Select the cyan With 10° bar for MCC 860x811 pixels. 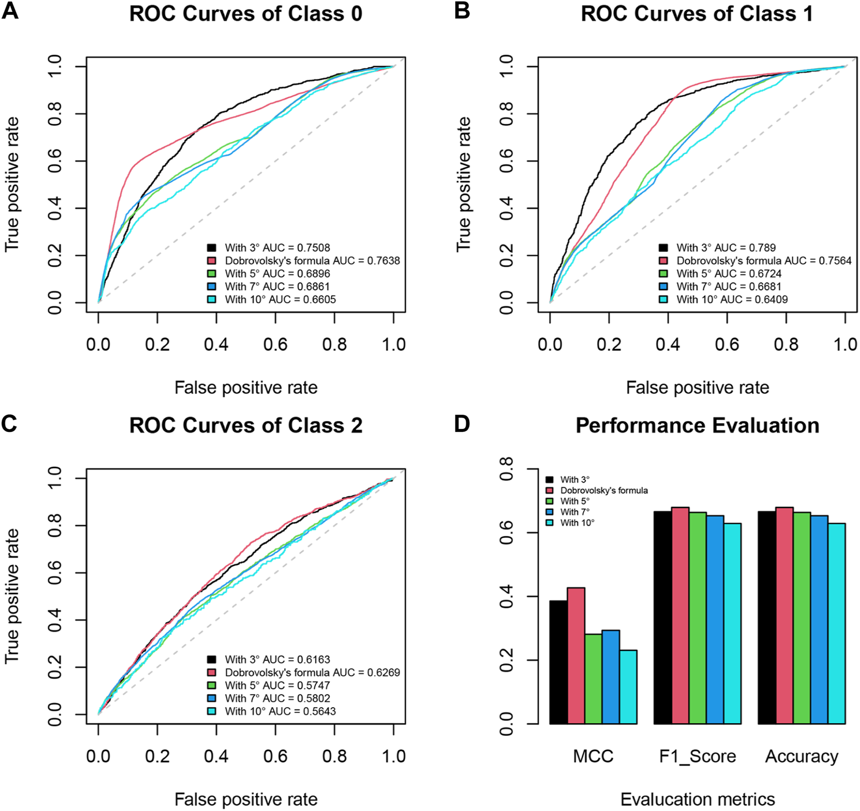(628, 687)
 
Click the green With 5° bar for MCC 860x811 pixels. (593, 679)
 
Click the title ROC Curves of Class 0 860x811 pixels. (246, 14)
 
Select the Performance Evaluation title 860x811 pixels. (697, 426)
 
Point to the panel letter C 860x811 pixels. (10, 424)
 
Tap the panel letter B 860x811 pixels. (462, 11)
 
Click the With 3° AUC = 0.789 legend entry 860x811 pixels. (725, 248)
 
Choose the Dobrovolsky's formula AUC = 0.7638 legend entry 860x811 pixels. (312, 261)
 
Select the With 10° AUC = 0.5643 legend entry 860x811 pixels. (280, 711)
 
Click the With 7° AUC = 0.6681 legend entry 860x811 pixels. (728, 286)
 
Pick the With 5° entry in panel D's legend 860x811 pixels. (574, 501)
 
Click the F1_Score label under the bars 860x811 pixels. (697, 757)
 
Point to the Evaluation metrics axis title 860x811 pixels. (697, 799)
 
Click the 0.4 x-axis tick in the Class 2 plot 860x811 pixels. (216, 756)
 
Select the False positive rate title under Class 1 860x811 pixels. (697, 388)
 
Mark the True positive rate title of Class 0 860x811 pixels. (12, 184)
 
